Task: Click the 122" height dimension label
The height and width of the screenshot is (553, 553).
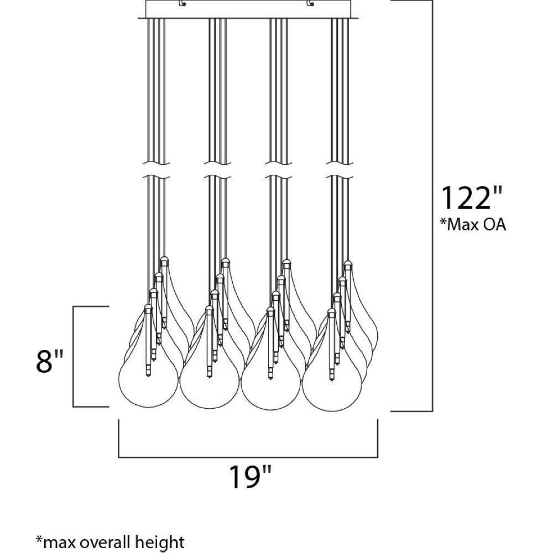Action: (x=471, y=198)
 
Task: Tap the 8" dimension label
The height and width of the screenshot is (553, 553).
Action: (x=50, y=362)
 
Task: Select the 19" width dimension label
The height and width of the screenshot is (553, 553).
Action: (x=251, y=477)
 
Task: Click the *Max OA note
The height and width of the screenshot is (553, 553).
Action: (x=473, y=225)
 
